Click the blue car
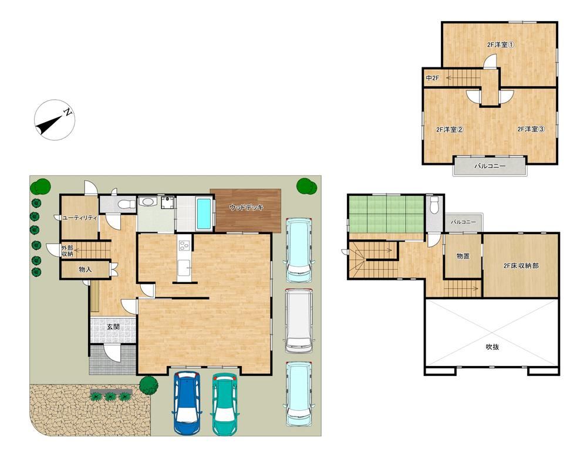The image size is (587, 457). [x=187, y=402]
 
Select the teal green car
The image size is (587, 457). [x=225, y=404]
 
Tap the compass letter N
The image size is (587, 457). [x=68, y=111]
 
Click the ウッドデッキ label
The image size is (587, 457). [x=246, y=207]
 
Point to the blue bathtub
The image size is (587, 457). [x=204, y=214]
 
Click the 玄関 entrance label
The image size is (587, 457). [x=113, y=327]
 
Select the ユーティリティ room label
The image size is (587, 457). [x=80, y=218]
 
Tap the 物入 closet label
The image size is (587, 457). [x=85, y=269]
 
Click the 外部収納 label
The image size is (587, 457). [x=68, y=250]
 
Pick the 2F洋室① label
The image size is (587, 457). [x=501, y=45]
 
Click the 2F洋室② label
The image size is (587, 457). [x=450, y=130]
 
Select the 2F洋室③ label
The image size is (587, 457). [x=531, y=129]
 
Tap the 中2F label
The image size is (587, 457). [x=433, y=78]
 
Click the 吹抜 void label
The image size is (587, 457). [x=492, y=347]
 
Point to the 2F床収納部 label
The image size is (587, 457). [x=521, y=266]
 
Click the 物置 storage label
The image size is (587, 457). [x=463, y=256]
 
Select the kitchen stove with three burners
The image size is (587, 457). [x=184, y=246]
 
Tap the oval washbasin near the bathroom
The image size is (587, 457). [x=146, y=201]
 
